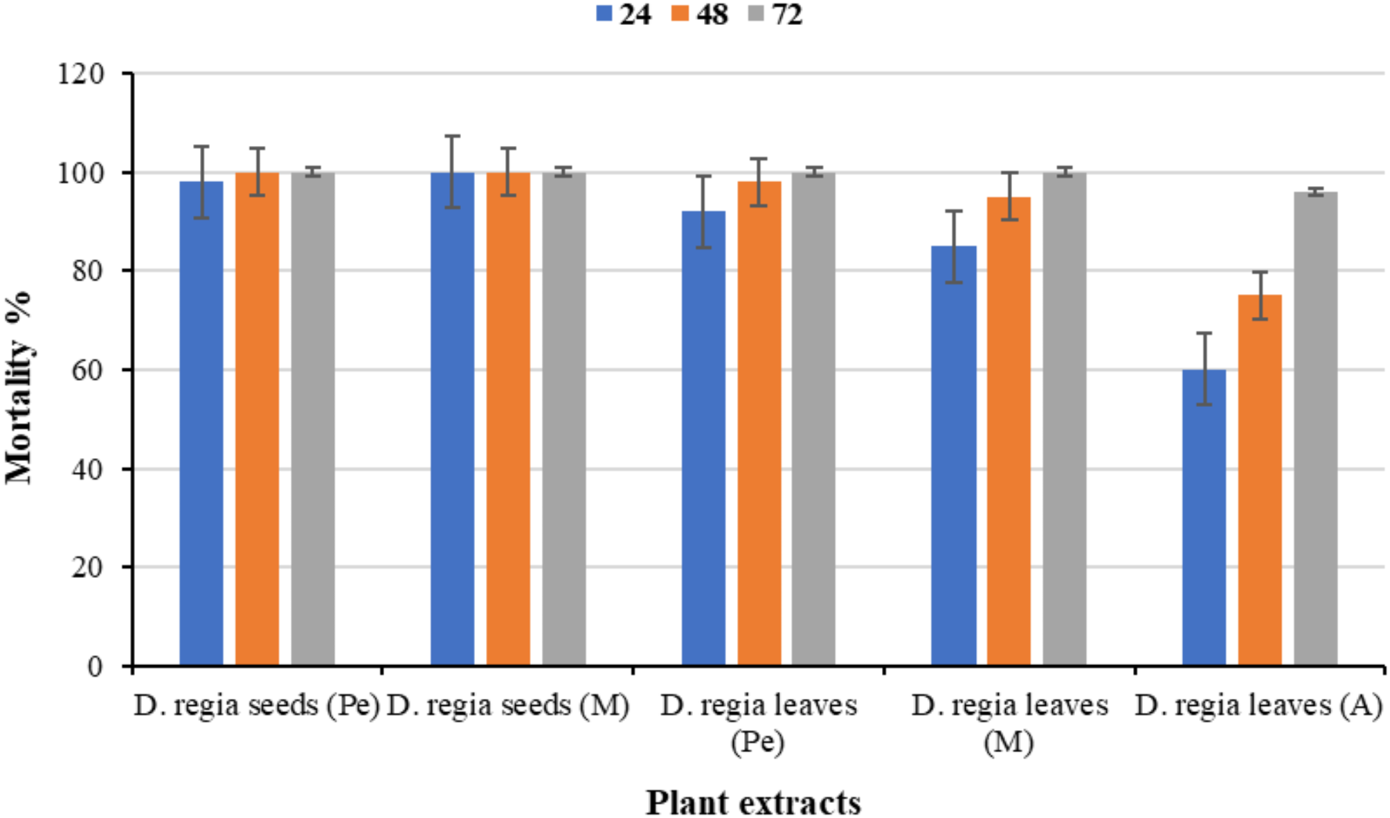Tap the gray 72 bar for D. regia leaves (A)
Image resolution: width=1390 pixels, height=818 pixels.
[x=1315, y=429]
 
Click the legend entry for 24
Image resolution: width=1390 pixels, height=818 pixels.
[x=624, y=15]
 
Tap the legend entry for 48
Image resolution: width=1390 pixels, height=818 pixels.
[x=700, y=15]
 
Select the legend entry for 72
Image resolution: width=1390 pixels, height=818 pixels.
[x=776, y=15]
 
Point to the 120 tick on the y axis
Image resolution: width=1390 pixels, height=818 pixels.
[x=80, y=73]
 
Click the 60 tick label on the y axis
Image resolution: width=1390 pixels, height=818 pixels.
[x=87, y=370]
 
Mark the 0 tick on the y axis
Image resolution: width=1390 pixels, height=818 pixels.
[x=95, y=666]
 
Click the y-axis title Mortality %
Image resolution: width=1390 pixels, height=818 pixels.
[x=19, y=388]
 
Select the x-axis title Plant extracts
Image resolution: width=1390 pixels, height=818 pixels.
[x=753, y=803]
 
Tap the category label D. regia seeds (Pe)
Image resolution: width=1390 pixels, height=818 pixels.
[x=257, y=706]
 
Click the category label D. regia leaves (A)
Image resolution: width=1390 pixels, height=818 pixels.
[x=1258, y=706]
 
